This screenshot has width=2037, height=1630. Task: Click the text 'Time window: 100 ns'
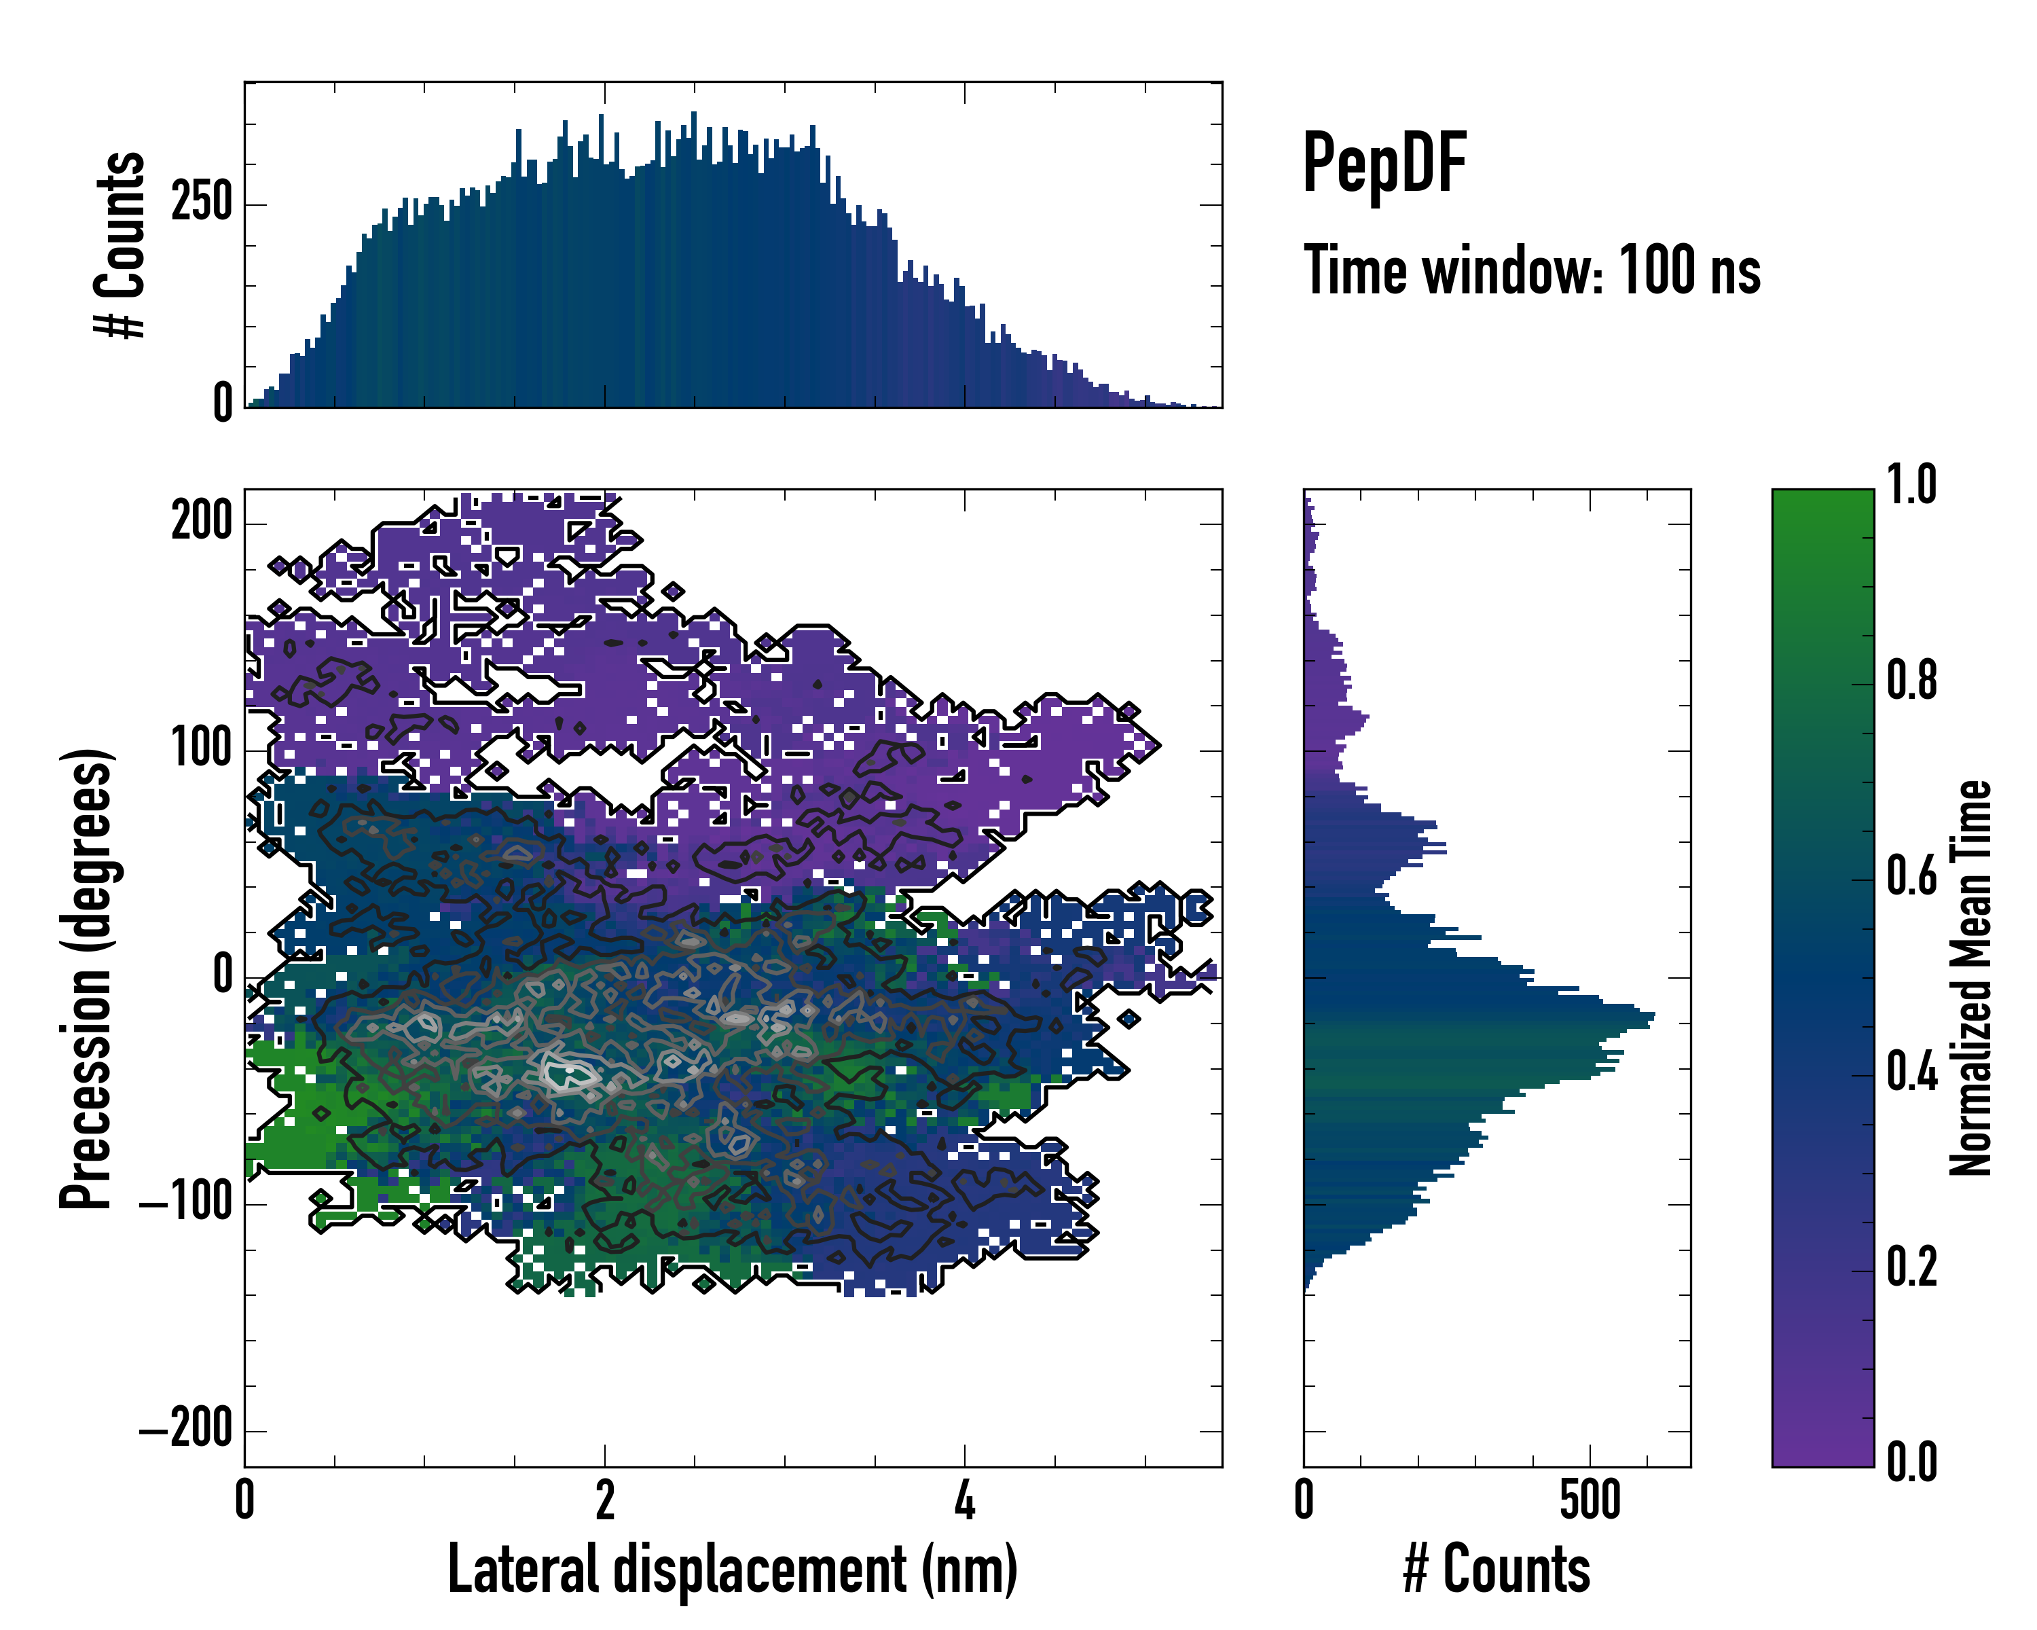click(x=1532, y=270)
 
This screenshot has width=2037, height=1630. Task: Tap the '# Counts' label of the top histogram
click(x=121, y=244)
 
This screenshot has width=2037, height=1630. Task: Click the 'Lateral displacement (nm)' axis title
click(x=732, y=1569)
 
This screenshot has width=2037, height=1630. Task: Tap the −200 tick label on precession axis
click(x=186, y=1430)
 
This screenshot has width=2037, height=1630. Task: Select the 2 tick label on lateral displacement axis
click(x=605, y=1500)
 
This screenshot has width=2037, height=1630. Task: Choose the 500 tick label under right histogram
click(x=1590, y=1500)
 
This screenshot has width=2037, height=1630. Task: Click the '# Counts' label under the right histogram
click(x=1497, y=1569)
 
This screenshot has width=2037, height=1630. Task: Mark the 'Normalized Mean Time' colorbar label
click(x=1972, y=977)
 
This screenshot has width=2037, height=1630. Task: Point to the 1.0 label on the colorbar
click(x=1911, y=486)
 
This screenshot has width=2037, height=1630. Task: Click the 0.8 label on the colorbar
click(x=1911, y=681)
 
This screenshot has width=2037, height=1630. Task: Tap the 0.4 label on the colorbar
click(x=1911, y=1072)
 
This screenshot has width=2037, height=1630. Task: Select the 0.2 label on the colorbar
click(x=1911, y=1268)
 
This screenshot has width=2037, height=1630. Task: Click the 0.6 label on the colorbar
click(x=1911, y=877)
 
